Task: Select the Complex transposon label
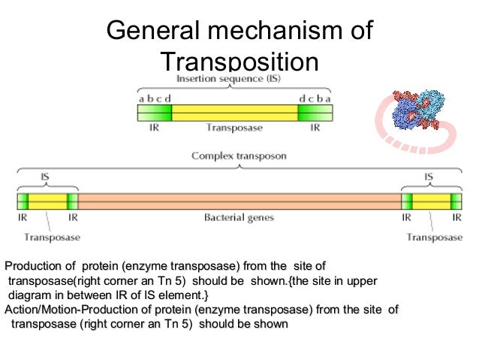coord(239,156)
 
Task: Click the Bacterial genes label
coord(239,218)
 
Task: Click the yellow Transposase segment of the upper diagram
coord(234,113)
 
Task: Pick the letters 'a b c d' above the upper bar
coord(155,98)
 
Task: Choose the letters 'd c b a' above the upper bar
coord(315,98)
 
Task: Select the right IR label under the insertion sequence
coord(315,128)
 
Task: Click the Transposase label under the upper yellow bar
coord(234,128)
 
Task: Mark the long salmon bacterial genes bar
coord(239,201)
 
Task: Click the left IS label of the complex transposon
coord(46,179)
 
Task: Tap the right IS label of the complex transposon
coord(429,179)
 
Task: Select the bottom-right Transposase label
coord(435,237)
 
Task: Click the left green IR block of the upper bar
coord(154,113)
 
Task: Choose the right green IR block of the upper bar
coord(315,113)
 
